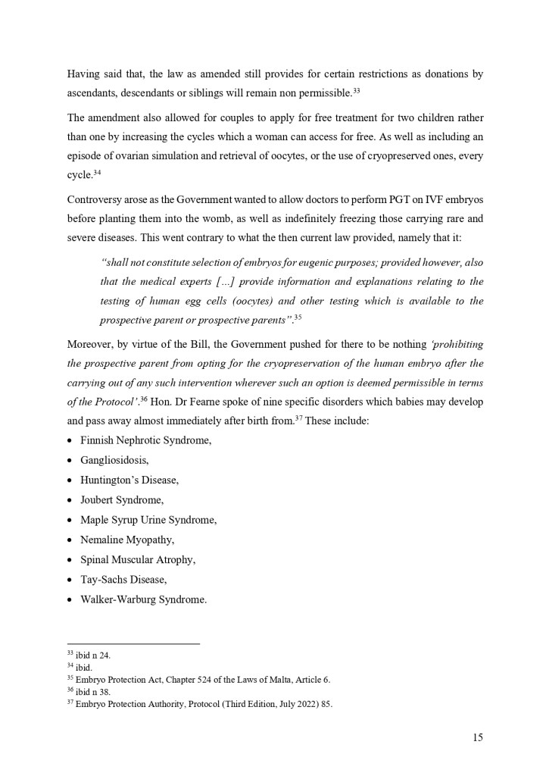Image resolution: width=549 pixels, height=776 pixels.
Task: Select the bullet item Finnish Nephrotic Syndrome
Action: tap(145, 440)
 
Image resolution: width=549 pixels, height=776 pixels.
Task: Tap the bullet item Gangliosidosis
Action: tap(114, 460)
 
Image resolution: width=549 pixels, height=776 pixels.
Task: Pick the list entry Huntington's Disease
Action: tap(129, 480)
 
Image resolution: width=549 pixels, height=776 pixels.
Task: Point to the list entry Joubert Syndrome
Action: tap(121, 500)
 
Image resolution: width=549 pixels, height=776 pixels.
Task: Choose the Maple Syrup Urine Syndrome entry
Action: tap(148, 520)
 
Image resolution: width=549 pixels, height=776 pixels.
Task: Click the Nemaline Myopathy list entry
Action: tap(127, 540)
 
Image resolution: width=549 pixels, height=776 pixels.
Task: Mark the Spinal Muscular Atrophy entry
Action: tap(138, 559)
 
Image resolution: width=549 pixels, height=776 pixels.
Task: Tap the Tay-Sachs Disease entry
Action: tap(123, 580)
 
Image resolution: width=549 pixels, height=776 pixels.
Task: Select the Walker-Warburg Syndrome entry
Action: tap(143, 599)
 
